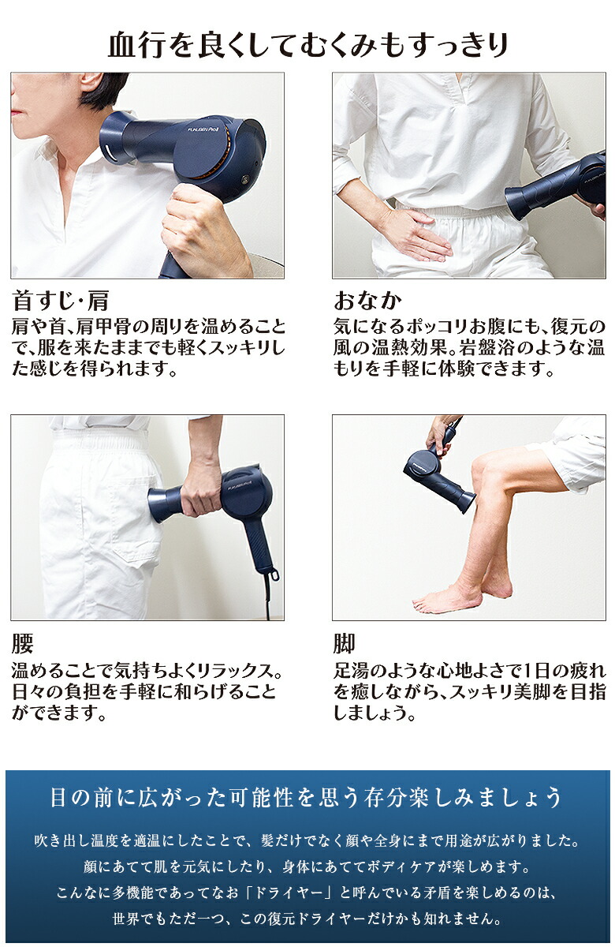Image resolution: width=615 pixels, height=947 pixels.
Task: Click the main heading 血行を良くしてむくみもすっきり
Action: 307,45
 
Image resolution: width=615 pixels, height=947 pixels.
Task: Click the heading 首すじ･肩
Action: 61,300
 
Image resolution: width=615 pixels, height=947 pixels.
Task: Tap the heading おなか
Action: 367,301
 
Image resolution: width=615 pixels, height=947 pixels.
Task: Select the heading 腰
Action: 22,643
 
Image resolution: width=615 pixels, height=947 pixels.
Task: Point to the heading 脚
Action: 344,643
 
